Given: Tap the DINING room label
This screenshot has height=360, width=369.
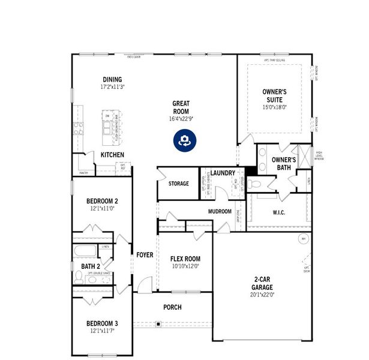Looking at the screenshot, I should (x=112, y=79).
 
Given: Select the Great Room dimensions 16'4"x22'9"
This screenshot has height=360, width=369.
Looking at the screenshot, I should (x=181, y=119).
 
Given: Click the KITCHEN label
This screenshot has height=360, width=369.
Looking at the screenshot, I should (x=112, y=155).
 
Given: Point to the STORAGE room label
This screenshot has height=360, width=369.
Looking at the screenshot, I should (x=178, y=184).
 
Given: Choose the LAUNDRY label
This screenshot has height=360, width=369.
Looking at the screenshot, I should (x=223, y=173).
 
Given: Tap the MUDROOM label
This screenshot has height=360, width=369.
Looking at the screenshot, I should (x=220, y=212).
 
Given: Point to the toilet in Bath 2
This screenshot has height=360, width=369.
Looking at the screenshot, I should (x=79, y=277).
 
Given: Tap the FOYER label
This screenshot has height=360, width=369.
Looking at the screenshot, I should (x=145, y=255).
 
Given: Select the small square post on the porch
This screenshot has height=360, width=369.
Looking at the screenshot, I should (x=158, y=324).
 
